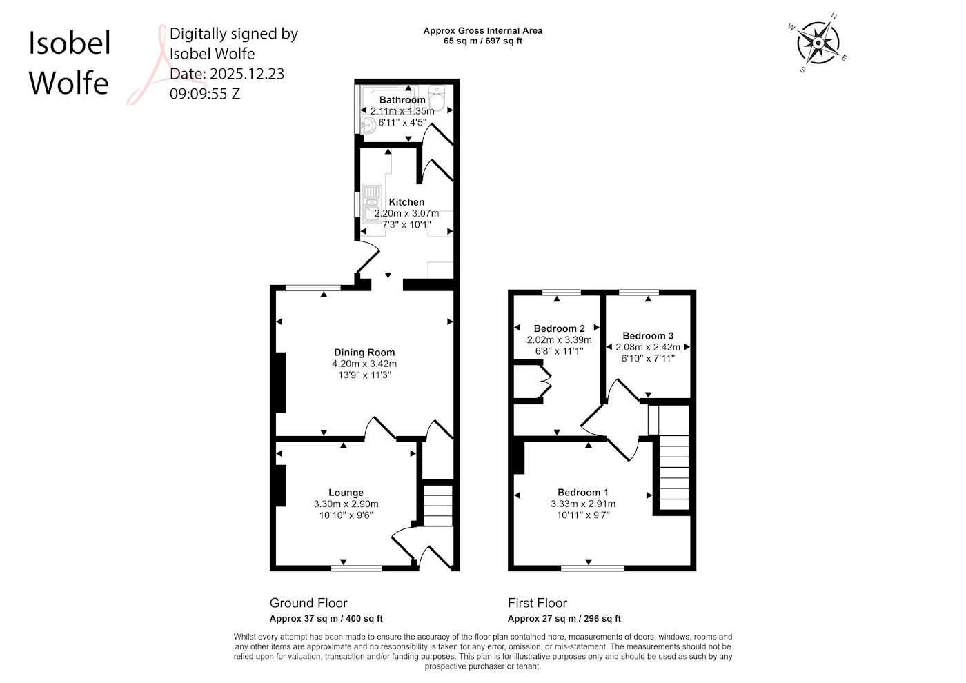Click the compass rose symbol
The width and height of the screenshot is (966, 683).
(x=818, y=43)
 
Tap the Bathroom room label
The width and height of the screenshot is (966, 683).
(x=402, y=100)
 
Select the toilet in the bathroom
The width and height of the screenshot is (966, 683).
(x=437, y=98)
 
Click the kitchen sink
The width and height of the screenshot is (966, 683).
(x=371, y=203)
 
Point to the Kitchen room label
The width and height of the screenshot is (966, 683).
(x=406, y=202)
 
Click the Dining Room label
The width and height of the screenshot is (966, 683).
(x=364, y=353)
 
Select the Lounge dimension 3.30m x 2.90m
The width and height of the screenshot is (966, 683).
(x=346, y=504)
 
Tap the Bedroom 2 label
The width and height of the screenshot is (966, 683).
(x=560, y=328)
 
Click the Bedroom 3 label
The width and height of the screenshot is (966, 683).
(x=648, y=336)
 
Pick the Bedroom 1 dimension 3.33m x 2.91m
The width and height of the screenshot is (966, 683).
(x=583, y=504)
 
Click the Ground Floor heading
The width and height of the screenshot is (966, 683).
(x=308, y=603)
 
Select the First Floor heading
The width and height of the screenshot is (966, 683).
(x=538, y=603)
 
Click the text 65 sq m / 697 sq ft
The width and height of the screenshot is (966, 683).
(x=483, y=41)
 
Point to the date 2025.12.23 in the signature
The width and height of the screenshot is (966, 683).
(x=247, y=74)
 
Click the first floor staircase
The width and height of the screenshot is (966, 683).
(x=673, y=473)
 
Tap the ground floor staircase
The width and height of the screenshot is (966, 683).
(x=437, y=505)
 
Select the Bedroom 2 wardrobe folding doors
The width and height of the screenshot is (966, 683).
(x=546, y=381)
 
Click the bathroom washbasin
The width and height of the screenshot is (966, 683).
(x=368, y=126)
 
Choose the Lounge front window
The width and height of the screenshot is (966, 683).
(x=357, y=568)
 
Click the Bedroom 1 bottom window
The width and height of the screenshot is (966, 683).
(x=593, y=568)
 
